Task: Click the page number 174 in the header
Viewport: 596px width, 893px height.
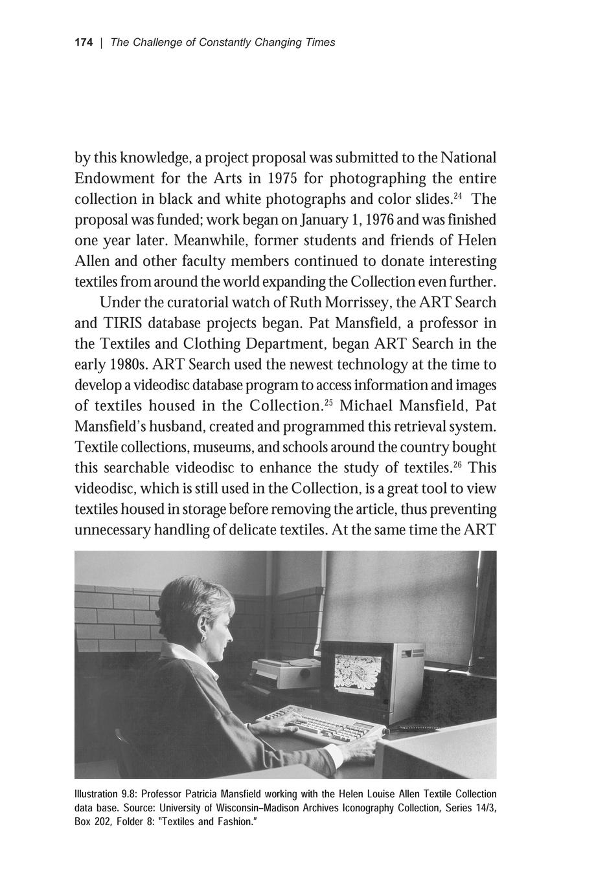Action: pos(84,43)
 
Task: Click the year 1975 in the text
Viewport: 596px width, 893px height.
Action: pos(282,178)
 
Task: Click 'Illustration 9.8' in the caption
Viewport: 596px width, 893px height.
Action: pos(105,794)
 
